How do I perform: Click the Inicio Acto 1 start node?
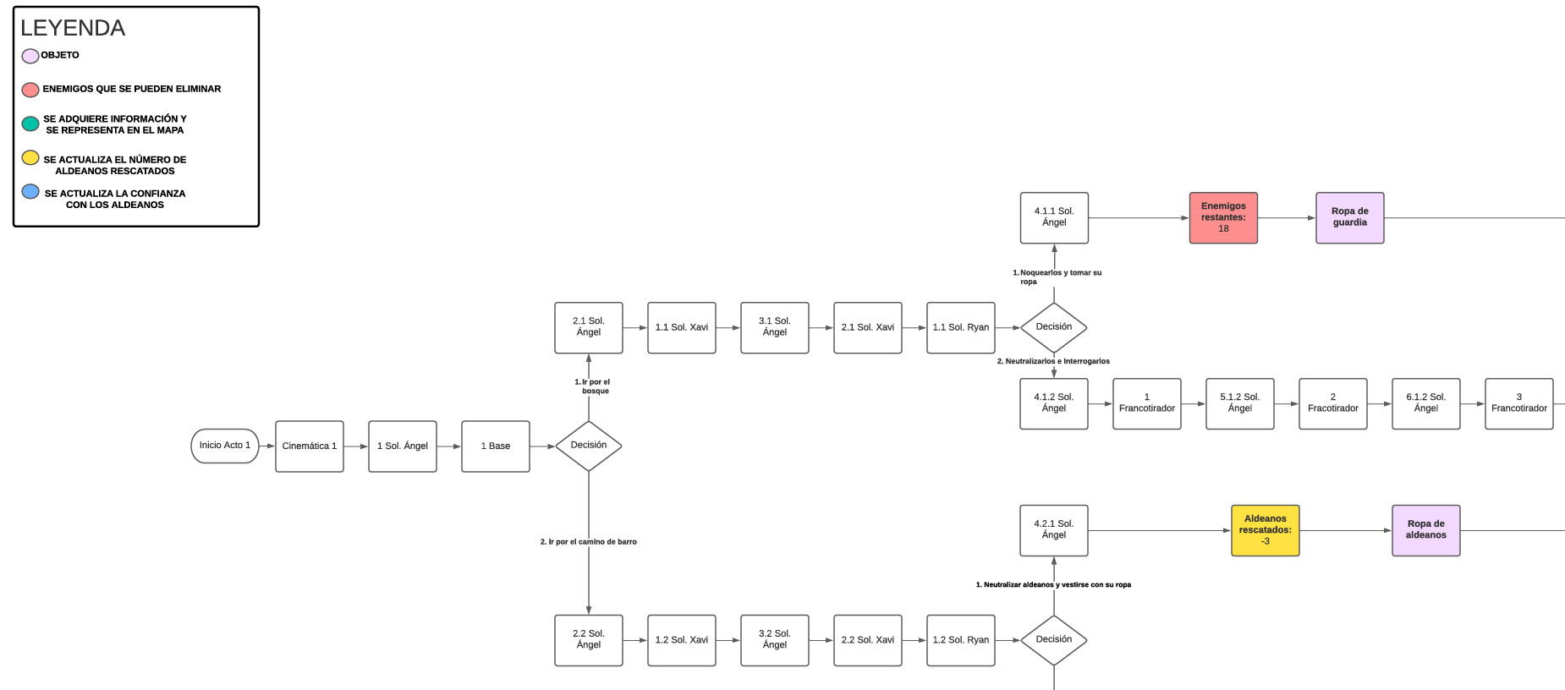225,446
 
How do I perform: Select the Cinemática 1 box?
310,446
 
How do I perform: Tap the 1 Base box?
496,446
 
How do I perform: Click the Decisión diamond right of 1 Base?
589,446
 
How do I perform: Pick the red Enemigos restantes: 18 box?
1223,218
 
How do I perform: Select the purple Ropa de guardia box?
1350,218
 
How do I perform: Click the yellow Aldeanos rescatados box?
1266,530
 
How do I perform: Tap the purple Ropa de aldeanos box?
1426,530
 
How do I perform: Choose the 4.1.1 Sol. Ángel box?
1054,218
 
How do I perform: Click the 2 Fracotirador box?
1333,403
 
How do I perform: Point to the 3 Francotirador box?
1519,403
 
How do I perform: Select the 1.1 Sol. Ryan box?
961,328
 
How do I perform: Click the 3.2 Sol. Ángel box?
775,640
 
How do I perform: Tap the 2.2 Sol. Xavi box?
868,640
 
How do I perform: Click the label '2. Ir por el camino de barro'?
589,542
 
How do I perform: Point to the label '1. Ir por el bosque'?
593,386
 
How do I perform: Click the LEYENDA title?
73,28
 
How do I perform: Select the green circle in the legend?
30,124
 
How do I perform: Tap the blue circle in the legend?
30,192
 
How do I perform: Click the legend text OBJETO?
60,55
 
